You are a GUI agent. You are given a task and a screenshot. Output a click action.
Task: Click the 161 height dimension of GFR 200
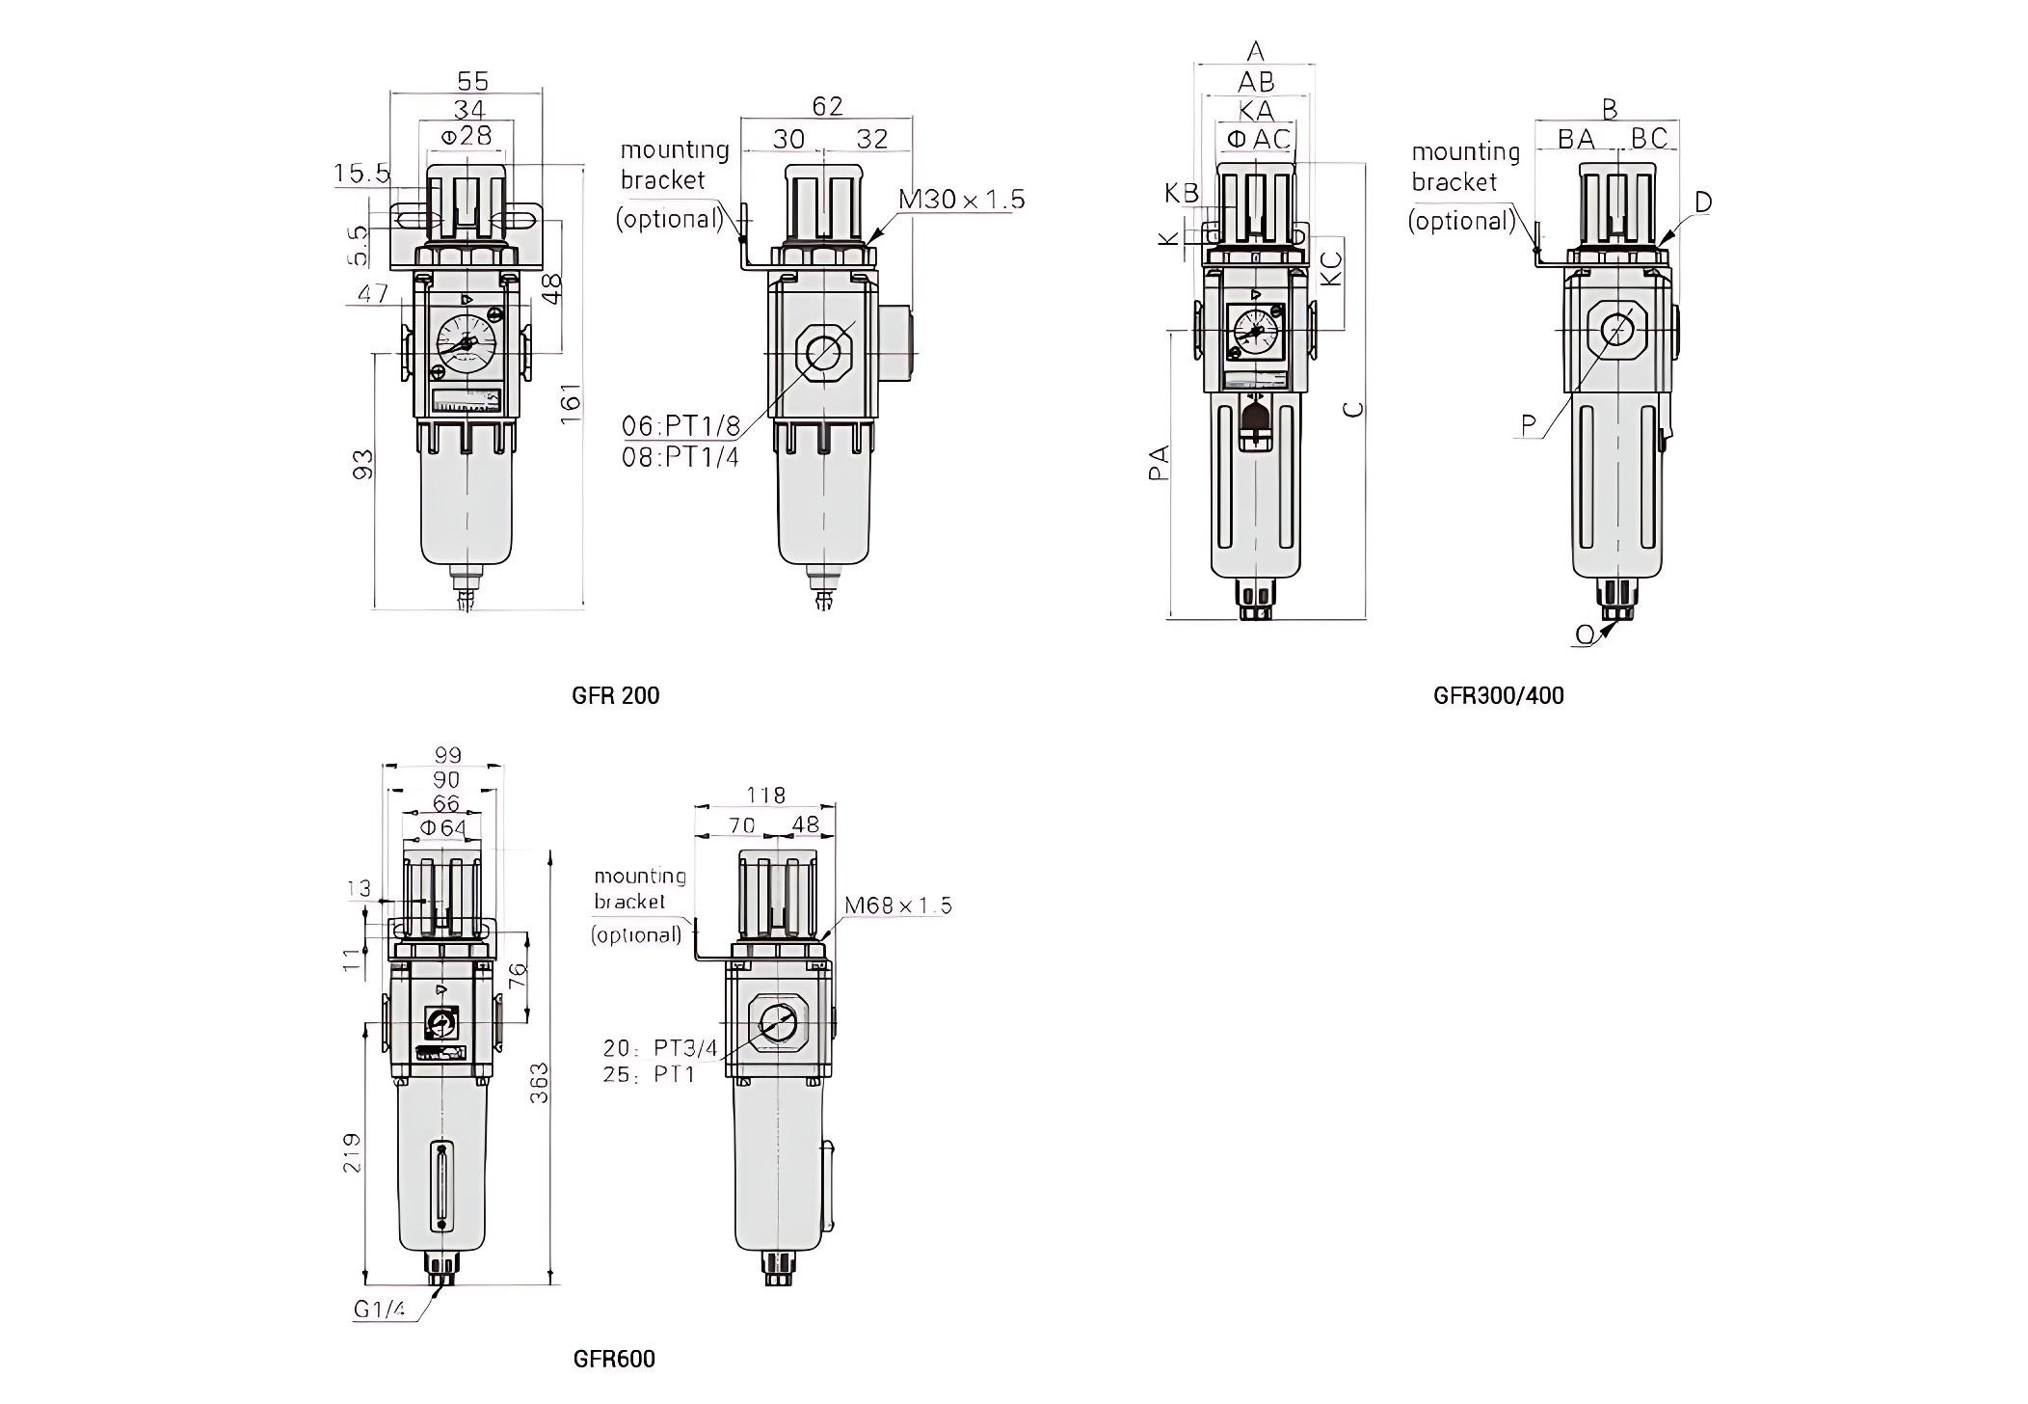tap(571, 402)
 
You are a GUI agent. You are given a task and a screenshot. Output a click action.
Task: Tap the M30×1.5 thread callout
tap(961, 200)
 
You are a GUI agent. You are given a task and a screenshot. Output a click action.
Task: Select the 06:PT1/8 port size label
tap(680, 426)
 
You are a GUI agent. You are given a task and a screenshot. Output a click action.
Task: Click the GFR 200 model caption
tap(615, 695)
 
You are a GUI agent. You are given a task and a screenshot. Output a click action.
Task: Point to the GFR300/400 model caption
tap(1498, 695)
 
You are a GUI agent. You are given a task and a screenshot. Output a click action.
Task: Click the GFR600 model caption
tap(614, 1359)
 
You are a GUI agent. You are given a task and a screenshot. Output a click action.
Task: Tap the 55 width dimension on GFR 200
tap(471, 81)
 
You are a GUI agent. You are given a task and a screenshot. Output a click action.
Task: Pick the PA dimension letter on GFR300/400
tap(1160, 463)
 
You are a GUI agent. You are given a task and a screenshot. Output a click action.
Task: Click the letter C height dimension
tap(1354, 408)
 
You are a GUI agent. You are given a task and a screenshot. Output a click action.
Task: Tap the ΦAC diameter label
tap(1258, 140)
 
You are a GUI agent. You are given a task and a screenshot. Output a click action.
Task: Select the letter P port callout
tap(1529, 424)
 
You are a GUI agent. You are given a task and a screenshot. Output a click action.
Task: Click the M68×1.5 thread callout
tap(897, 905)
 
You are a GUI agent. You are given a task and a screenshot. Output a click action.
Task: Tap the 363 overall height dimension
tap(540, 1082)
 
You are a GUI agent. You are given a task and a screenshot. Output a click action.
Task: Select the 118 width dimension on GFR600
tap(765, 795)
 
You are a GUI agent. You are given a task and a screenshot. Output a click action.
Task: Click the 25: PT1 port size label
tap(649, 1074)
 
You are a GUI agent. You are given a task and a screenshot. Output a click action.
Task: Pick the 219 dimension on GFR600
tap(353, 1151)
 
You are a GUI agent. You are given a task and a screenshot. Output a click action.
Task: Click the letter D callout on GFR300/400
tap(1702, 202)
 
